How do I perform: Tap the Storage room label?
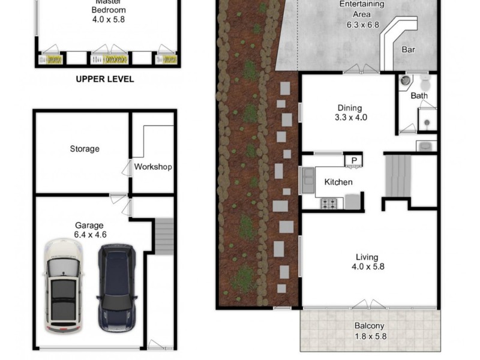[x=85, y=149]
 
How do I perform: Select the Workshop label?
[x=153, y=167]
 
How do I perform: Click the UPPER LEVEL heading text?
[x=105, y=79]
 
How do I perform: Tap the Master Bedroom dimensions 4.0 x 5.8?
[x=109, y=19]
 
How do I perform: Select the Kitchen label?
[x=338, y=182]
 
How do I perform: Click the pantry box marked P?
[x=354, y=160]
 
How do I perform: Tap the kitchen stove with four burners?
[x=329, y=203]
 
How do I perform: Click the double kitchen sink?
[x=308, y=181]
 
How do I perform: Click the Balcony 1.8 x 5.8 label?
[x=370, y=331]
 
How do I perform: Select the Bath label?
[x=419, y=96]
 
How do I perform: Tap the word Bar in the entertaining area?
[x=408, y=50]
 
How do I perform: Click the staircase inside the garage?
[x=164, y=235]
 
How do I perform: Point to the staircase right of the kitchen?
[x=398, y=176]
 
